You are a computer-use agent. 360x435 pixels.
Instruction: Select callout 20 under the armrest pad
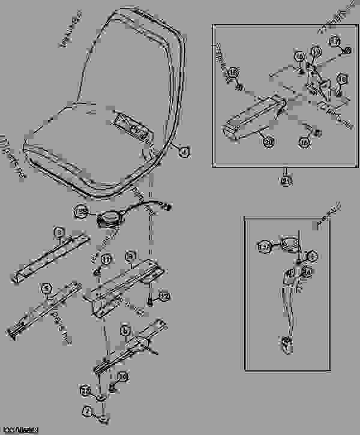(x=268, y=142)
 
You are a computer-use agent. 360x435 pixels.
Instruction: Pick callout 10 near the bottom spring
(x=122, y=376)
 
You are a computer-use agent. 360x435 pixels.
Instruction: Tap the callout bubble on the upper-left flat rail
(x=59, y=232)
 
